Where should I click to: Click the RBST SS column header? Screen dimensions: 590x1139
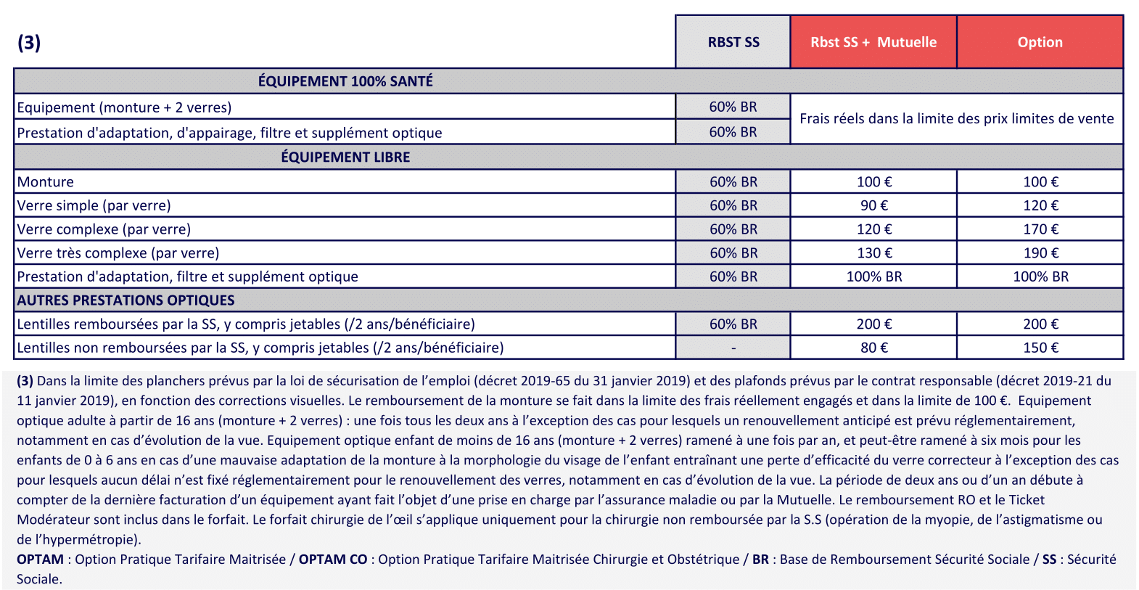733,42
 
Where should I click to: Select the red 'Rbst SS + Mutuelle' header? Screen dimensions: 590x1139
873,42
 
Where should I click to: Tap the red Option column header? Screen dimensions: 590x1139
1040,42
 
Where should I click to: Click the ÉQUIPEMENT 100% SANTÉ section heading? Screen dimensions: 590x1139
345,81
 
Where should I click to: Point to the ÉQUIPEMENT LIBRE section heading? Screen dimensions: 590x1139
345,157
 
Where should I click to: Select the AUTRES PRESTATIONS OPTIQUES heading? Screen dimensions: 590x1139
126,300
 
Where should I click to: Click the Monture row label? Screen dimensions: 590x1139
46,182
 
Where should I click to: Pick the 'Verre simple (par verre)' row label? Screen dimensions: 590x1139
94,205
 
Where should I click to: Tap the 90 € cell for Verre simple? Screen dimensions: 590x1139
874,205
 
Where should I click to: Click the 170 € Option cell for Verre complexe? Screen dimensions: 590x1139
1040,229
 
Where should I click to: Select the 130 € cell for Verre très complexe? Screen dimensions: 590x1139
874,253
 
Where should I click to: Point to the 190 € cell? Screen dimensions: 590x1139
1040,253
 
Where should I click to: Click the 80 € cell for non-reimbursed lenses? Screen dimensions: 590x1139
874,348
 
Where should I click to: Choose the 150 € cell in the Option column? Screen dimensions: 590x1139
1040,348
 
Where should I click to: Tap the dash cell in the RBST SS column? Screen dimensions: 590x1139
733,348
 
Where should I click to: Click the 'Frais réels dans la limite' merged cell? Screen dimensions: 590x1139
956,119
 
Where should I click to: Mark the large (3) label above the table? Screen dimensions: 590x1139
29,42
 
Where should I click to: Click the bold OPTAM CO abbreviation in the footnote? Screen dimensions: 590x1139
333,560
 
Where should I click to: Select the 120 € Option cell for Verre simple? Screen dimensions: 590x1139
1040,205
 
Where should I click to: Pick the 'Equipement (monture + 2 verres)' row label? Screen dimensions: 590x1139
124,107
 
